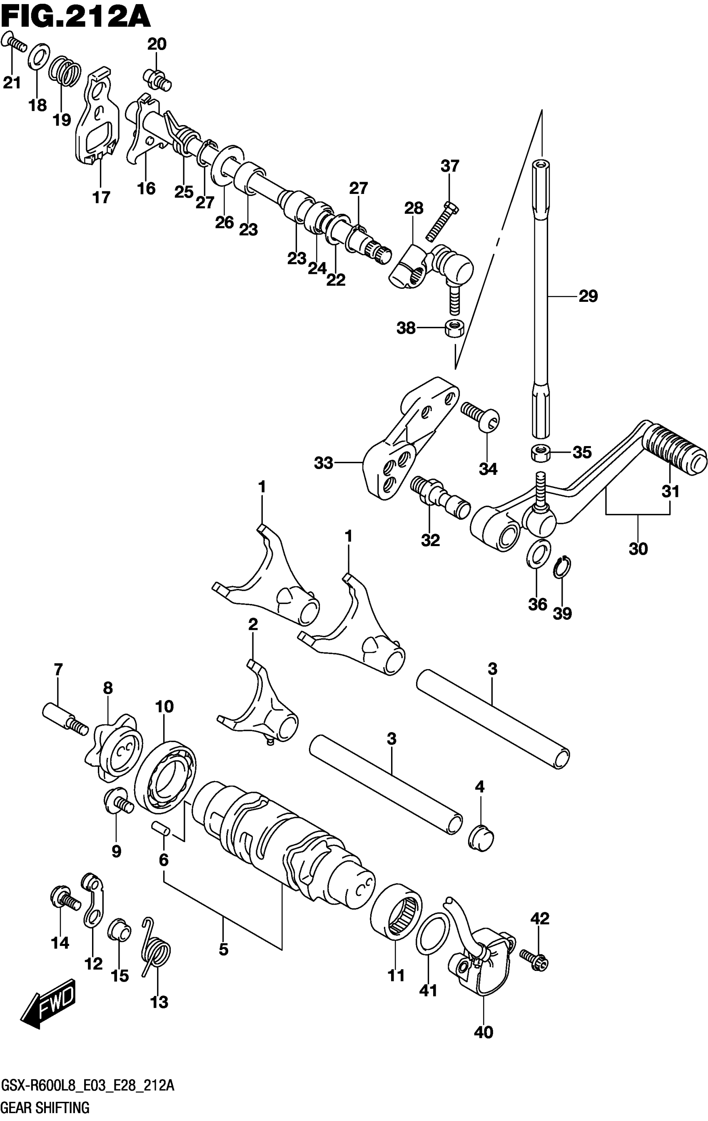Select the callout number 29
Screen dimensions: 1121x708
click(588, 296)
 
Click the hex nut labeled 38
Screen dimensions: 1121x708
click(453, 329)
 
